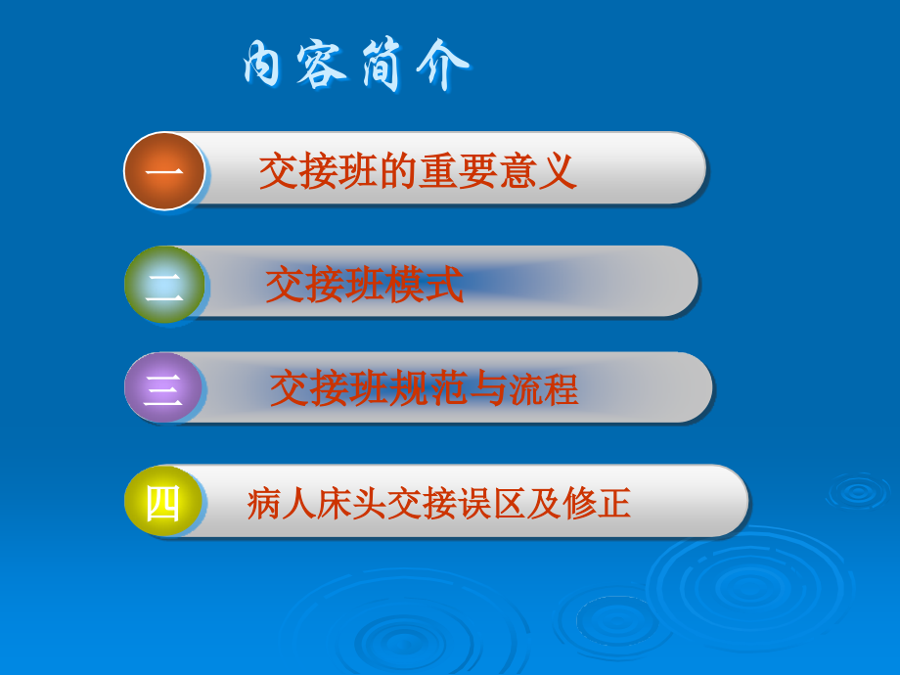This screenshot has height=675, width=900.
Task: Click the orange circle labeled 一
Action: [164, 171]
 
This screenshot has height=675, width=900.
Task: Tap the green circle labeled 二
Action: [164, 285]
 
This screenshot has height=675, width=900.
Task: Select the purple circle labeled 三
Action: [163, 388]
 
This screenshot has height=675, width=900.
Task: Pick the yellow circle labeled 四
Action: [163, 502]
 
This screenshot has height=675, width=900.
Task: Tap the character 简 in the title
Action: [384, 67]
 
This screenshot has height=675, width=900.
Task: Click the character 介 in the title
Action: [442, 67]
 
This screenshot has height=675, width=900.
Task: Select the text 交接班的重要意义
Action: [418, 172]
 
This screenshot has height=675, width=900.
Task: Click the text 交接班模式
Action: [364, 286]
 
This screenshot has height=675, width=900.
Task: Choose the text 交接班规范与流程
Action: [424, 389]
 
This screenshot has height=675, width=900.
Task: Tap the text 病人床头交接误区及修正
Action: [439, 504]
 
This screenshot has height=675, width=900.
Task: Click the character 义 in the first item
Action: [558, 172]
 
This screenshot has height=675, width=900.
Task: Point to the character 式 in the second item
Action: [444, 286]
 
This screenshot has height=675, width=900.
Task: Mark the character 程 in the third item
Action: [561, 389]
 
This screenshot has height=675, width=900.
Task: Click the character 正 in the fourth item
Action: [614, 504]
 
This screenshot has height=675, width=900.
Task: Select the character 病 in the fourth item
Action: [264, 504]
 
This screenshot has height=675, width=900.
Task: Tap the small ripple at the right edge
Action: [858, 492]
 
